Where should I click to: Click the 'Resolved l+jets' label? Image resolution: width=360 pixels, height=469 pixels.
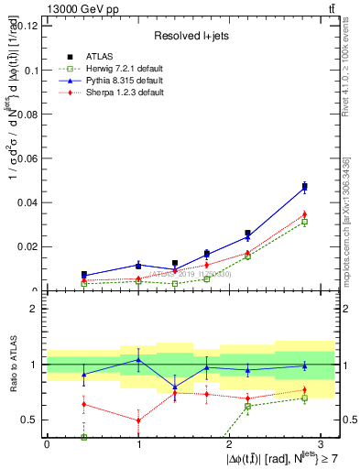click(x=191, y=36)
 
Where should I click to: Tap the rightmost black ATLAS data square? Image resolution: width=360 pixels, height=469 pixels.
click(x=304, y=187)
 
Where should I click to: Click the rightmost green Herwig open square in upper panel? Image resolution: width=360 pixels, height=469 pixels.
click(x=304, y=222)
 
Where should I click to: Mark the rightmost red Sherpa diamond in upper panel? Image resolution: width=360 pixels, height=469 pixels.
click(x=304, y=214)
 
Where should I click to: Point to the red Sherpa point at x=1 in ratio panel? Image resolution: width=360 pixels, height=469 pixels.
click(x=138, y=420)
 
